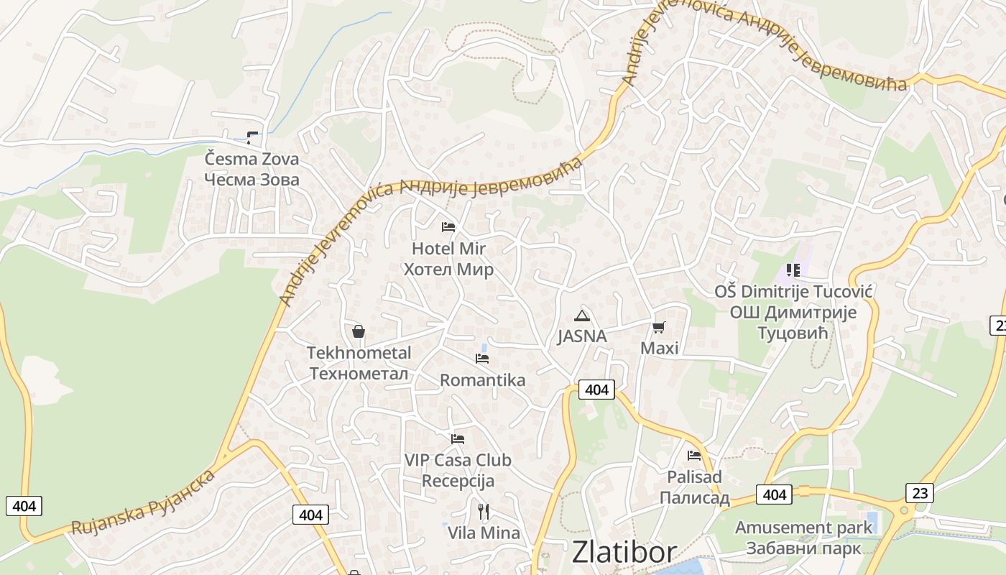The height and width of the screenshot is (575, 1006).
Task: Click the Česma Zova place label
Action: (251, 169)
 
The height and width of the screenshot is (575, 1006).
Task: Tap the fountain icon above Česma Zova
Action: (251, 136)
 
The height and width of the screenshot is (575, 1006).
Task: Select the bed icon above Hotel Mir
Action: (448, 227)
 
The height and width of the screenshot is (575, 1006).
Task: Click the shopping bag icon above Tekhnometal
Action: (359, 331)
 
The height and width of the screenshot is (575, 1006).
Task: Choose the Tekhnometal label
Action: (359, 363)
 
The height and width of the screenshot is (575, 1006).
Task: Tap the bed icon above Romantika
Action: (482, 358)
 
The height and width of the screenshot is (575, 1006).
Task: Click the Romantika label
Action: (482, 379)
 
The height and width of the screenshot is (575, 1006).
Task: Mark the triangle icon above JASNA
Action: (581, 316)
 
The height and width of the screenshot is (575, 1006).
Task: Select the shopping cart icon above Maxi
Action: (658, 328)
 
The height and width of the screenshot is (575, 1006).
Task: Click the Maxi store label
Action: (659, 349)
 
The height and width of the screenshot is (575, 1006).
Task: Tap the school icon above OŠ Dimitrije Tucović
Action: (793, 270)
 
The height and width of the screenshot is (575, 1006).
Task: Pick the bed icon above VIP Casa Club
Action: (458, 438)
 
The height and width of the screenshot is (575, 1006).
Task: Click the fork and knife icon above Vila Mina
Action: (484, 512)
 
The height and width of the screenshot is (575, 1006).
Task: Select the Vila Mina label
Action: (484, 533)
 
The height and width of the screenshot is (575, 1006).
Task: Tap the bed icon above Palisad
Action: (694, 456)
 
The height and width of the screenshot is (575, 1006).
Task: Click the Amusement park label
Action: (803, 538)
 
